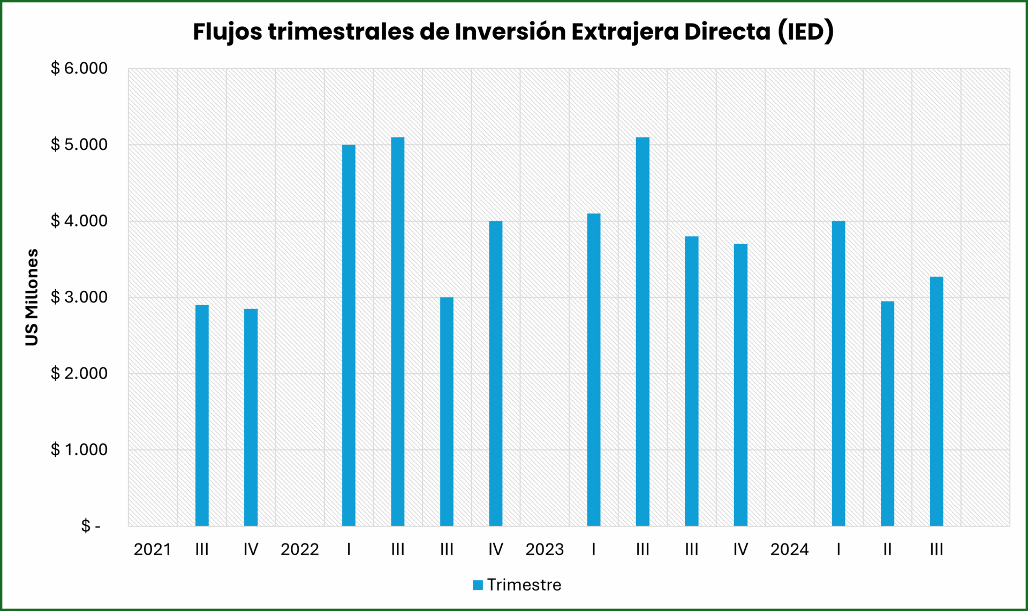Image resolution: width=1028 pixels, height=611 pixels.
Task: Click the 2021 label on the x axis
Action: [152, 549]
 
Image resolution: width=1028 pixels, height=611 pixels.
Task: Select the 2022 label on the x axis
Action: [299, 549]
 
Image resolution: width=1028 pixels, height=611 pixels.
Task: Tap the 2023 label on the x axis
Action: [545, 549]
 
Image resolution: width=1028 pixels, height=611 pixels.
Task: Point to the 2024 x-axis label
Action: [789, 549]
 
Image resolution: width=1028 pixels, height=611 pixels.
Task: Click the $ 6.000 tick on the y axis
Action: [79, 69]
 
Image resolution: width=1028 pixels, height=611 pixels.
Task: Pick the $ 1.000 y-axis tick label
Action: [79, 450]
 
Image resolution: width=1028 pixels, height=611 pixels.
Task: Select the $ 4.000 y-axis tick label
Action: [79, 221]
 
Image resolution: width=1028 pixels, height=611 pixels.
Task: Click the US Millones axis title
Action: [32, 297]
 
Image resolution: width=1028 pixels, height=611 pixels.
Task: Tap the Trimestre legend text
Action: [524, 585]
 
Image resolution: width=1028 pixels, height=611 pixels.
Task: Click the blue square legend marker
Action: [478, 585]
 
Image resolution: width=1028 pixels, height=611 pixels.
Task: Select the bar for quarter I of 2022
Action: [349, 335]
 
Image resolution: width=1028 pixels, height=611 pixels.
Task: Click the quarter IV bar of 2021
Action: [251, 417]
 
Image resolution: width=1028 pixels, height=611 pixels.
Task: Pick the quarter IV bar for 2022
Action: [496, 373]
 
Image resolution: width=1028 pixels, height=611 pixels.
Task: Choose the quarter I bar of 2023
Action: [594, 369]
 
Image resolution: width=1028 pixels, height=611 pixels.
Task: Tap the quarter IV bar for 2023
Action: [740, 384]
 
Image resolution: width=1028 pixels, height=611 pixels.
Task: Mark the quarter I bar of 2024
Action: [838, 373]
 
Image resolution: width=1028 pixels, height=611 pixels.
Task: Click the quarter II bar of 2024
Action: [887, 413]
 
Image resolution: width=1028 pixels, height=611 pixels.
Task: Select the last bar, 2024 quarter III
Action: [936, 401]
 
